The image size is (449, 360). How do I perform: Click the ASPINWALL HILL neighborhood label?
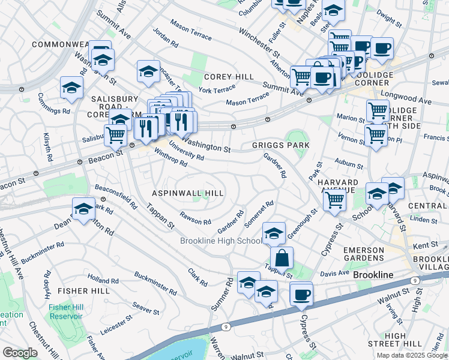(x=187, y=193)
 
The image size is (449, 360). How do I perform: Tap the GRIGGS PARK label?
(x=280, y=145)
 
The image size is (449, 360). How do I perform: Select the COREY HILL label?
(x=228, y=77)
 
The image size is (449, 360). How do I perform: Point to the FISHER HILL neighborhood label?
(x=82, y=290)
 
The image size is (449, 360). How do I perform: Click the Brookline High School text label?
(x=221, y=241)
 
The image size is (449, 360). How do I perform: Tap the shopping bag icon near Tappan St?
(x=282, y=258)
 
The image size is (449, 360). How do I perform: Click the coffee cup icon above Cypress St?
(x=301, y=294)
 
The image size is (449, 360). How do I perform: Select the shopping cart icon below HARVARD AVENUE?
(x=334, y=199)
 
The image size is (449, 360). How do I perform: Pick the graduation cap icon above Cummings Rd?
(x=71, y=88)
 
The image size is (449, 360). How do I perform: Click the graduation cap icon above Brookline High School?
(x=274, y=233)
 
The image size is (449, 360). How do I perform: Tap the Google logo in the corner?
(x=20, y=352)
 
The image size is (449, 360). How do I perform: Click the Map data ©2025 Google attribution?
(x=412, y=355)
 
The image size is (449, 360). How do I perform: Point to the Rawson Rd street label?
(x=195, y=217)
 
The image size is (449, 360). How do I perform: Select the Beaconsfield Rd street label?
(x=116, y=194)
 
